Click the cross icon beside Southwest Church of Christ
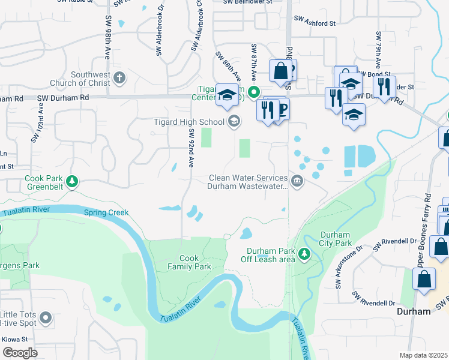pyautogui.click(x=119, y=78)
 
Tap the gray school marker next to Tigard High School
pyautogui.click(x=234, y=122)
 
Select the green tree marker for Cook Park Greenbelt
pyautogui.click(x=72, y=181)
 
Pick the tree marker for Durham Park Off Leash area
pyautogui.click(x=304, y=254)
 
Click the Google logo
pyautogui.click(x=20, y=353)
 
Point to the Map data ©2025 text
pyautogui.click(x=423, y=355)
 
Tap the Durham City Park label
pyautogui.click(x=336, y=239)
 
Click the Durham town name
pyautogui.click(x=415, y=311)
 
